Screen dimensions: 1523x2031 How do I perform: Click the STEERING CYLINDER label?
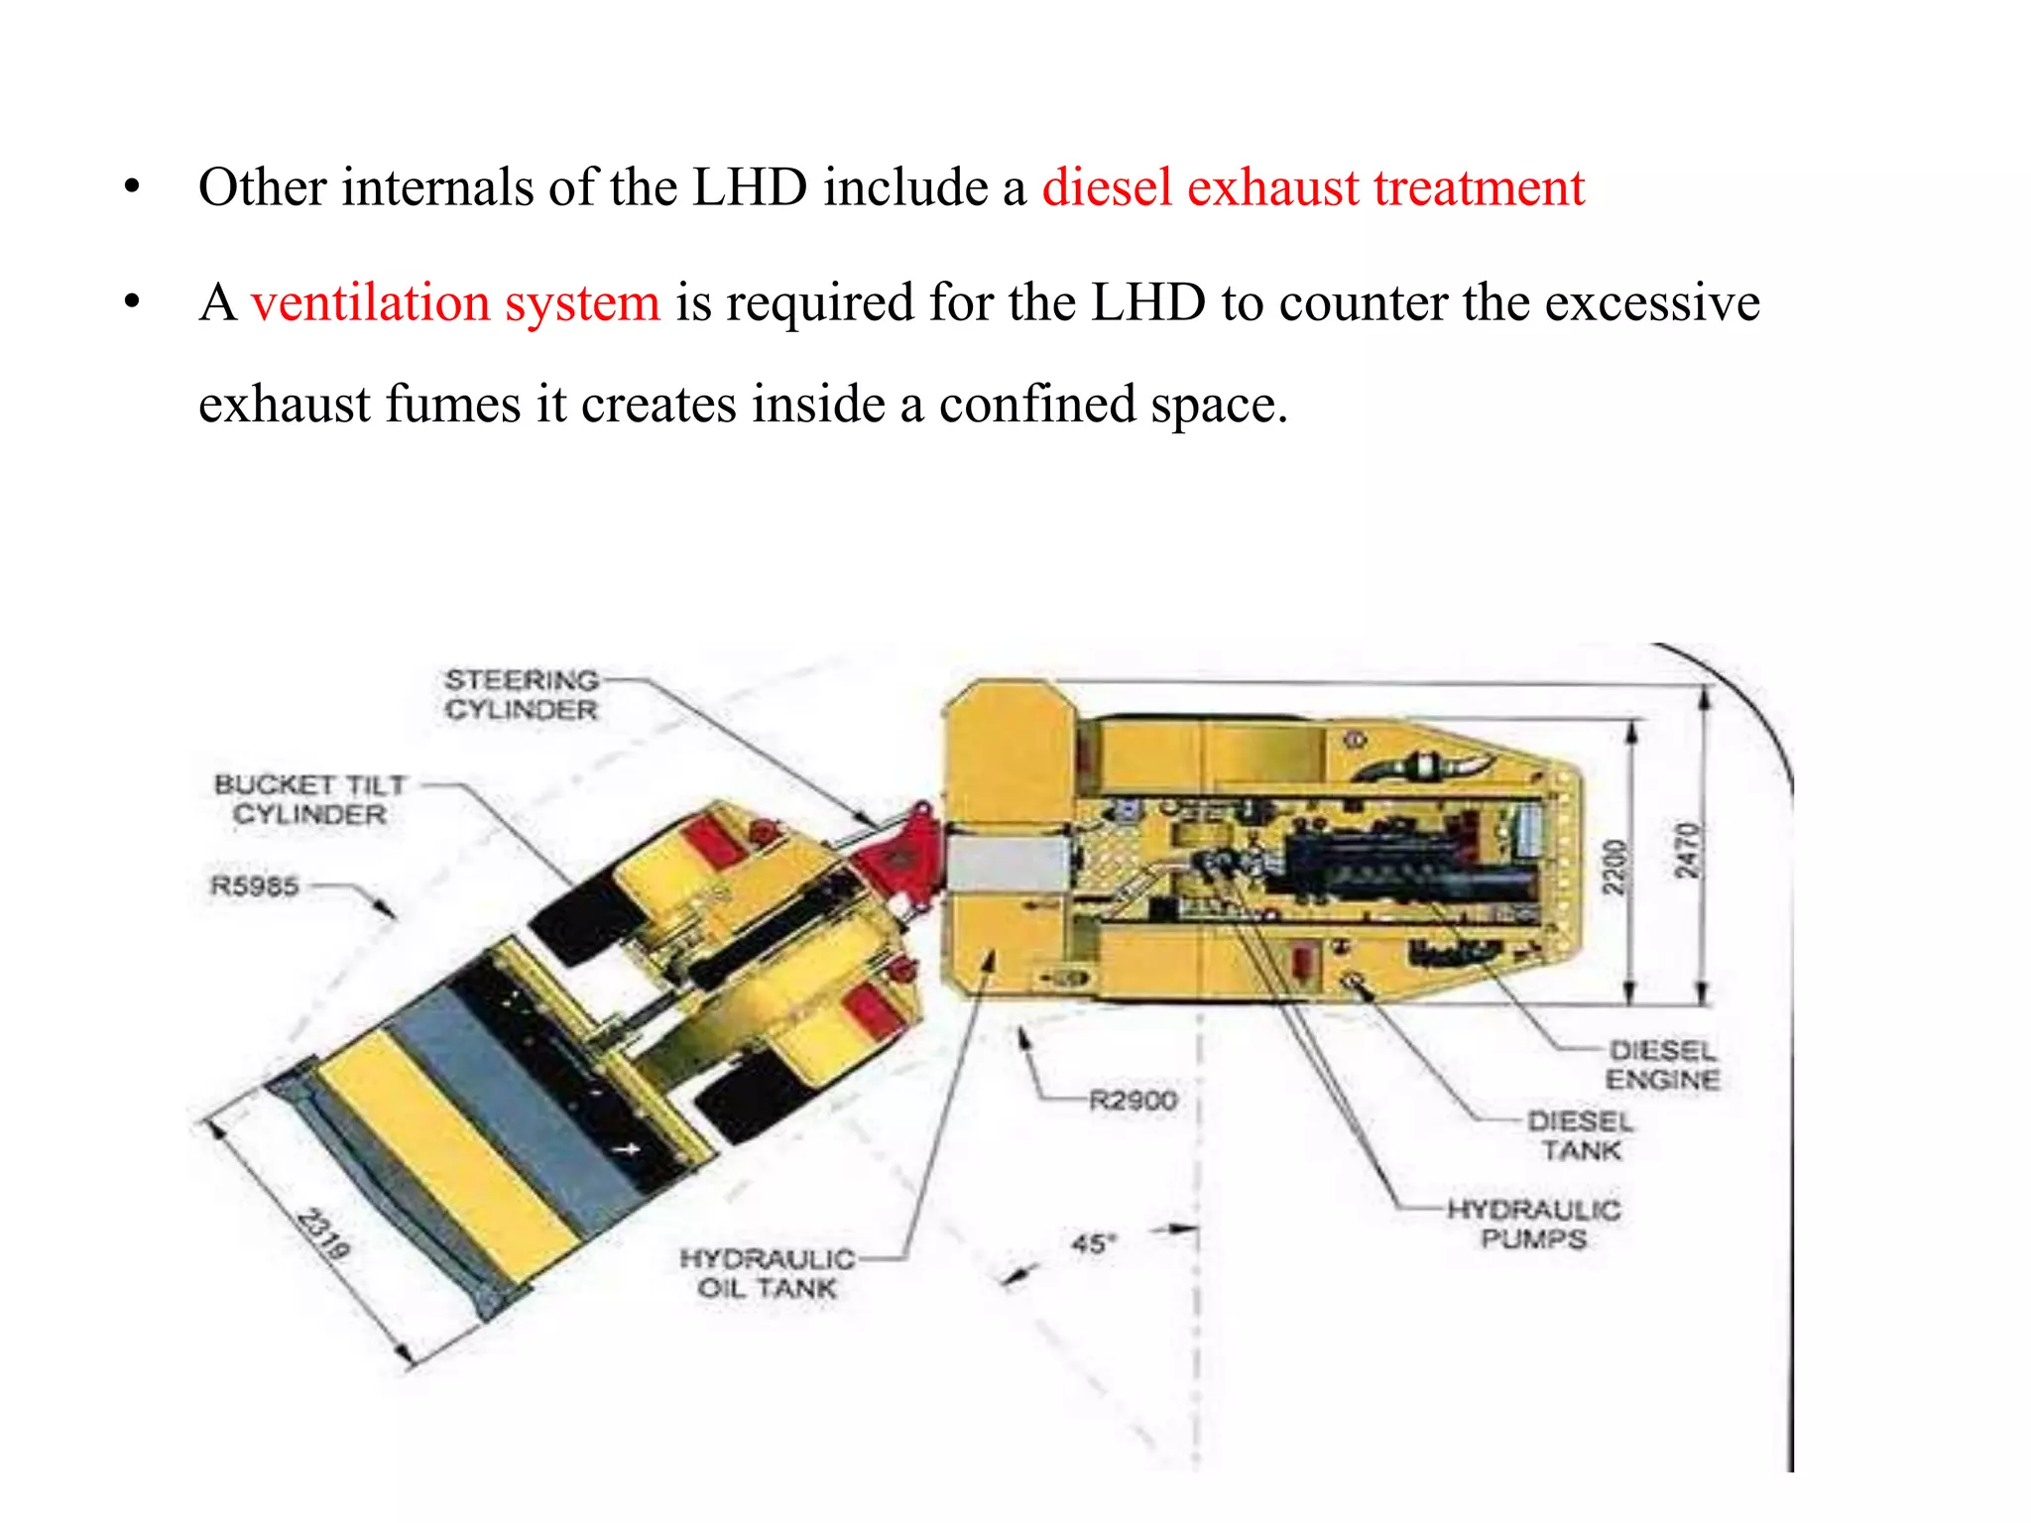pyautogui.click(x=522, y=695)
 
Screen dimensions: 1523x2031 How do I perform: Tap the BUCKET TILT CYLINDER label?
pyautogui.click(x=310, y=799)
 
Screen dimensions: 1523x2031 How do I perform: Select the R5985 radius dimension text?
pyautogui.click(x=255, y=885)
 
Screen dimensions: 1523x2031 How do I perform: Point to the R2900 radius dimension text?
pyautogui.click(x=1133, y=1101)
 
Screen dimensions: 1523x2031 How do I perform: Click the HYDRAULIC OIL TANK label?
pyautogui.click(x=767, y=1273)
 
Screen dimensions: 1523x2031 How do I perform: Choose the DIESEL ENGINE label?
pyautogui.click(x=1662, y=1065)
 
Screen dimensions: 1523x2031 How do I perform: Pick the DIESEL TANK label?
pyautogui.click(x=1581, y=1136)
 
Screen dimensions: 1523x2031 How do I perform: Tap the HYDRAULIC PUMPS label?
pyautogui.click(x=1534, y=1225)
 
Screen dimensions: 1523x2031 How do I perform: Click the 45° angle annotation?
pyautogui.click(x=1094, y=1242)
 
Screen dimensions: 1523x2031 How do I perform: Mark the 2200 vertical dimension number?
pyautogui.click(x=1615, y=867)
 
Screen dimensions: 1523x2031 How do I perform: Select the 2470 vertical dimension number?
pyautogui.click(x=1687, y=851)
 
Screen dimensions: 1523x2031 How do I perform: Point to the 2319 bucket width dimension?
pyautogui.click(x=324, y=1234)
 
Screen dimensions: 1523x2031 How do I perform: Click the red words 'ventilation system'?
pyautogui.click(x=455, y=302)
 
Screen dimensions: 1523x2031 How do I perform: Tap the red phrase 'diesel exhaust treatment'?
pyautogui.click(x=1313, y=187)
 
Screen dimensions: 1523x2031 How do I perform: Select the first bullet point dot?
pyautogui.click(x=132, y=187)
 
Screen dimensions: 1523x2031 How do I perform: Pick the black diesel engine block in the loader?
pyautogui.click(x=1408, y=868)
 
